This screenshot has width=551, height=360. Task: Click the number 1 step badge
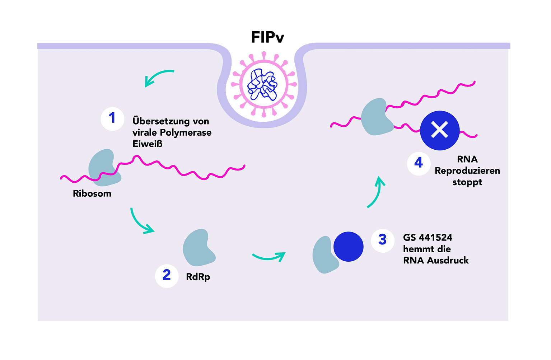point(112,118)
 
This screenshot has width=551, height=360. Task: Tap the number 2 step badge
point(167,276)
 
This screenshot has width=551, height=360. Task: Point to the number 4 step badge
point(419,163)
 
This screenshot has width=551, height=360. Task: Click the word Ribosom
point(92,193)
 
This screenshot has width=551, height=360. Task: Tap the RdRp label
point(198,277)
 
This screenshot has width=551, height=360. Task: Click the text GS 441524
point(428,238)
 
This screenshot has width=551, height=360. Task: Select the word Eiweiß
point(147,144)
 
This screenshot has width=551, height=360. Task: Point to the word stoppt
point(467,182)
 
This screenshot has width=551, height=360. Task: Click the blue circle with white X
point(440,130)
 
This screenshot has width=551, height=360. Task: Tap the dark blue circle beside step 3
point(348,247)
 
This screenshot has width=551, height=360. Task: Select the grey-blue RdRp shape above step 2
point(198,247)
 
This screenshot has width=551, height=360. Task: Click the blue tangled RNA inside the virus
point(263,85)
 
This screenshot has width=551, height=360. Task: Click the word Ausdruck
point(448,261)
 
